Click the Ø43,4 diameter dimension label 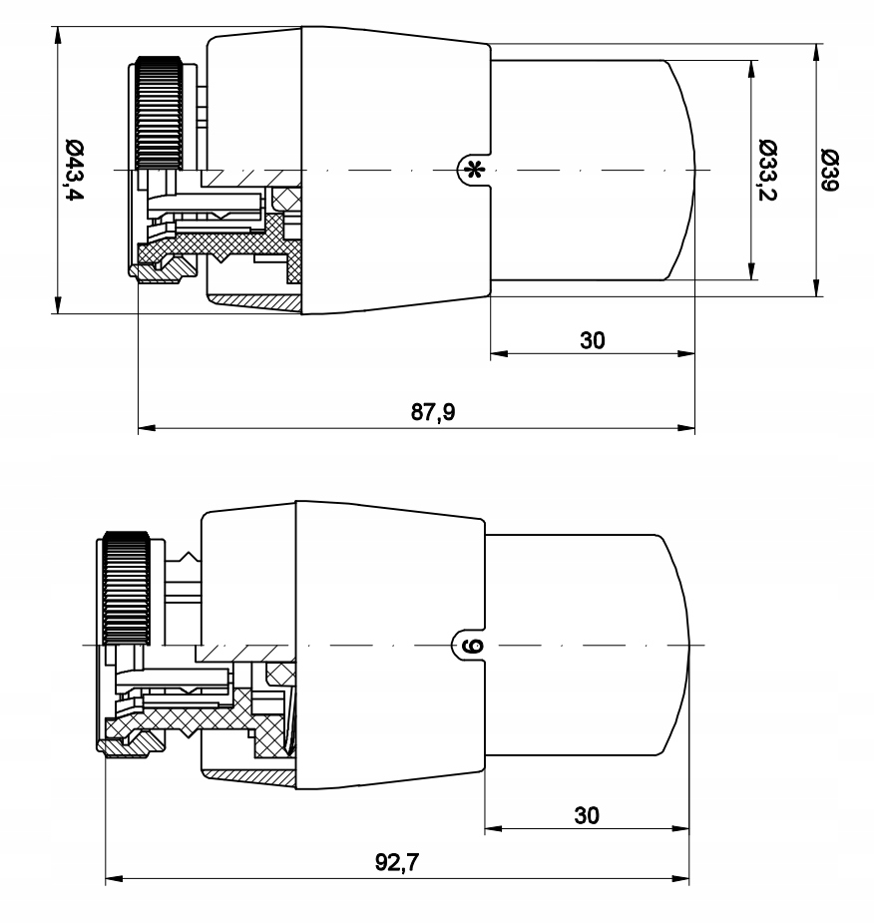coord(75,171)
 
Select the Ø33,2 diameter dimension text coord(768,171)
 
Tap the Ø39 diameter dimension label coord(830,171)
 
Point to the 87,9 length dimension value coord(433,411)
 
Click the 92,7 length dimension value coord(397,862)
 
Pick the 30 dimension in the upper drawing coord(593,340)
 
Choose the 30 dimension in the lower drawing coord(587,815)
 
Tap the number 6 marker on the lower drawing coord(472,646)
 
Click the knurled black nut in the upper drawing coord(159,113)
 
